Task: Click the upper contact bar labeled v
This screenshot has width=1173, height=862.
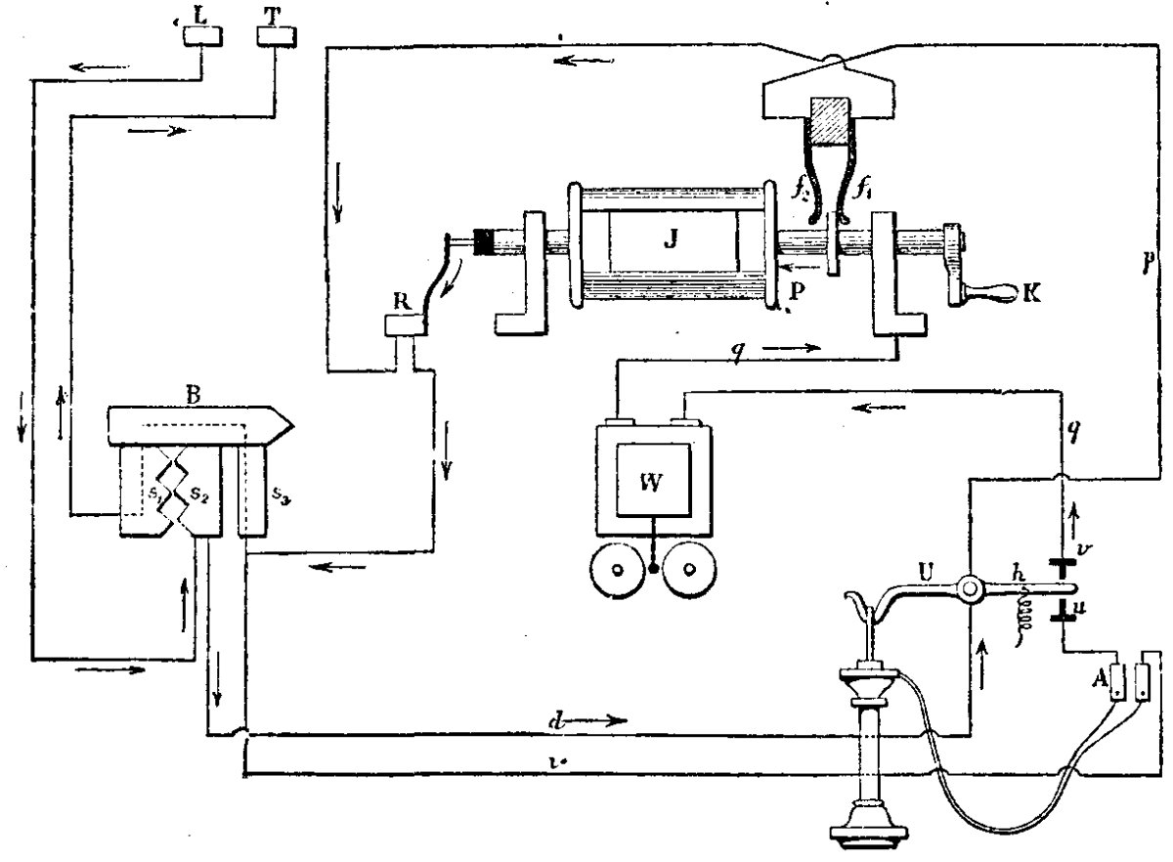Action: (x=1063, y=565)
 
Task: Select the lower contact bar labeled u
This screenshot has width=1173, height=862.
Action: (x=1063, y=617)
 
